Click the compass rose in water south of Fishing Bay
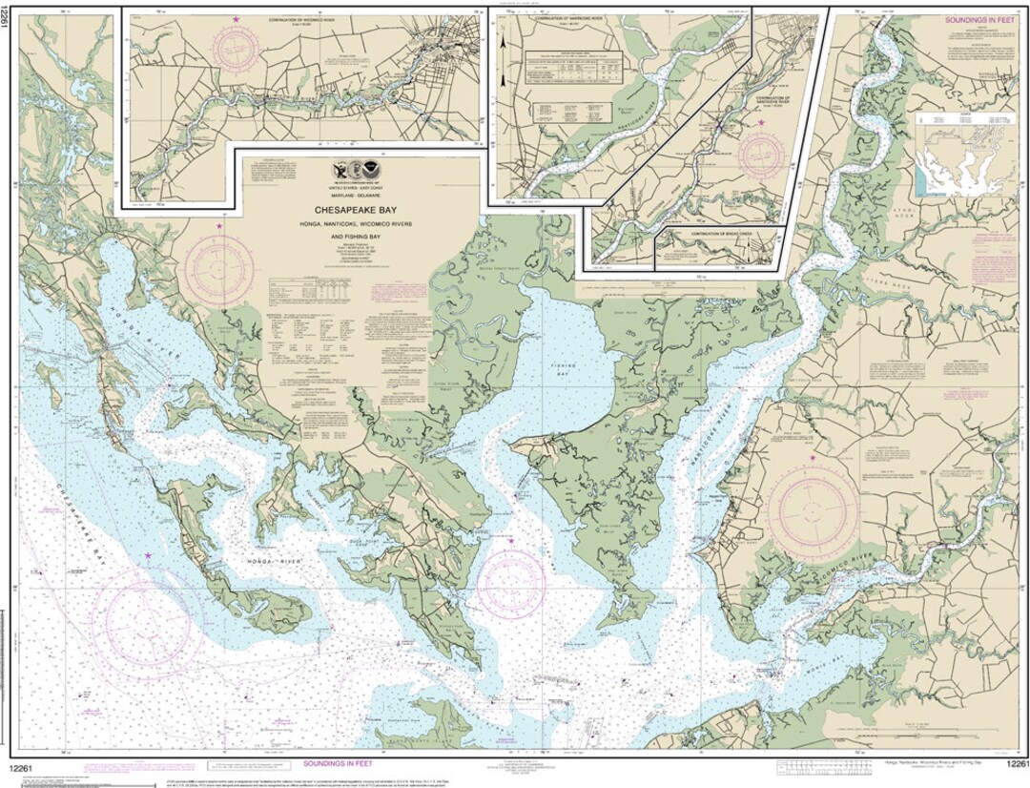tap(511, 583)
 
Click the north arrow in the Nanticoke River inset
tap(503, 43)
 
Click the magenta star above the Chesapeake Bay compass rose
tap(148, 555)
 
